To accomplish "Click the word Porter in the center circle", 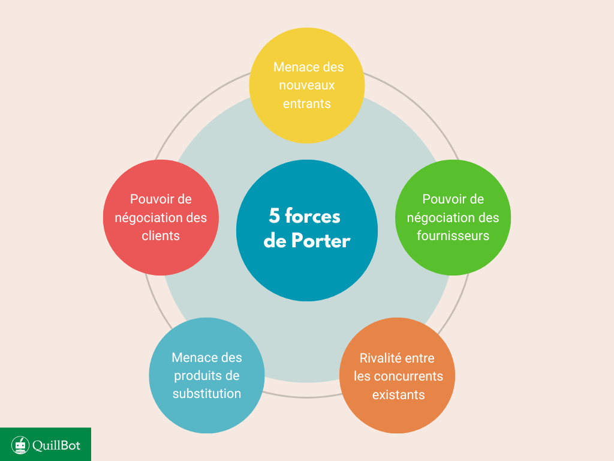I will (321, 241).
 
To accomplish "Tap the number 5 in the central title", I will (275, 216).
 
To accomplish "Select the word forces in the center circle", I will (312, 216).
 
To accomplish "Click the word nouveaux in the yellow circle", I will (307, 85).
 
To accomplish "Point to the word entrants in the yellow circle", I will (307, 104).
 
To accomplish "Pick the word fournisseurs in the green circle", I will (453, 236).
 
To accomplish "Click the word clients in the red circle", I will (161, 236).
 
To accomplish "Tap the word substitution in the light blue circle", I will (207, 394).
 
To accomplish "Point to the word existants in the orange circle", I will (398, 394).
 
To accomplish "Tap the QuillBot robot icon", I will (20, 445).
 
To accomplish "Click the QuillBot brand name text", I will (56, 445).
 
